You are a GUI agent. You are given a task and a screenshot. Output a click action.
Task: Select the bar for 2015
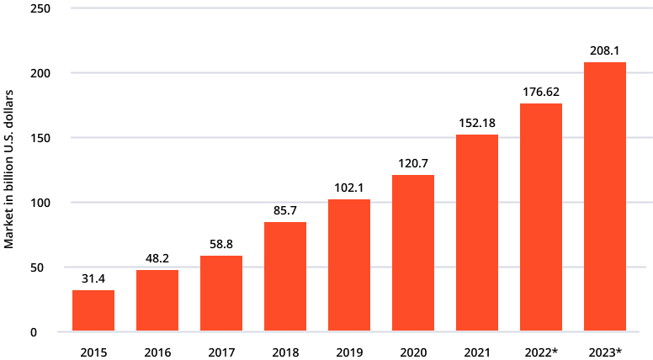pos(93,310)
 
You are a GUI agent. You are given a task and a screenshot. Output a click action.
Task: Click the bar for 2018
pos(285,277)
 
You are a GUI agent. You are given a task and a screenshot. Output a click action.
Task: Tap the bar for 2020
pos(413,253)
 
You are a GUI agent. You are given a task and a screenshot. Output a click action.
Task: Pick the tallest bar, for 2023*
pos(605,197)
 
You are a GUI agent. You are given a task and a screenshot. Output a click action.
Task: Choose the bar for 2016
pos(157,300)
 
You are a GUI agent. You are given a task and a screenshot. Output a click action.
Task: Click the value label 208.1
pos(605,50)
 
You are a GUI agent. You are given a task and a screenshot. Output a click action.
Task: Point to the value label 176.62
pos(541,92)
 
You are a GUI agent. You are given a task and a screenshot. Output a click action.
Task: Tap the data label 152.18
pos(477,123)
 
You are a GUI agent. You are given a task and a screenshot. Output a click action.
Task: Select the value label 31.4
pos(93,278)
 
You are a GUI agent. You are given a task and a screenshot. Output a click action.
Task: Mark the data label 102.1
pos(349,188)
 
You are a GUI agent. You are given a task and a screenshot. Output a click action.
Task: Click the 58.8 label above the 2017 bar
pos(221,244)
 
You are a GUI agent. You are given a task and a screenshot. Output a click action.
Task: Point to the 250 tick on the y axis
pos(40,8)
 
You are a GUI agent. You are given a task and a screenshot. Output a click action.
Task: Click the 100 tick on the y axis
pos(40,203)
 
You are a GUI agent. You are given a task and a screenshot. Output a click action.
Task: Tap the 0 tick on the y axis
pos(34,332)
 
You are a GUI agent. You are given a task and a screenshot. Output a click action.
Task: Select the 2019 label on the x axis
pos(349,353)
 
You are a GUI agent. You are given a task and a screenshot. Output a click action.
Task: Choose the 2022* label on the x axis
pos(541,353)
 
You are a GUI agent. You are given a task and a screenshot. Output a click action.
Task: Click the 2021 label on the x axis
pos(477,353)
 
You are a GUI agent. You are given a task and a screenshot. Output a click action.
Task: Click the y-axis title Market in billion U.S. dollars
pos(8,169)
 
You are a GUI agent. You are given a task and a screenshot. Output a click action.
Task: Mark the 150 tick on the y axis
pos(40,138)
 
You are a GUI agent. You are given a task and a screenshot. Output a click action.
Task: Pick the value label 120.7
pos(413,163)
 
